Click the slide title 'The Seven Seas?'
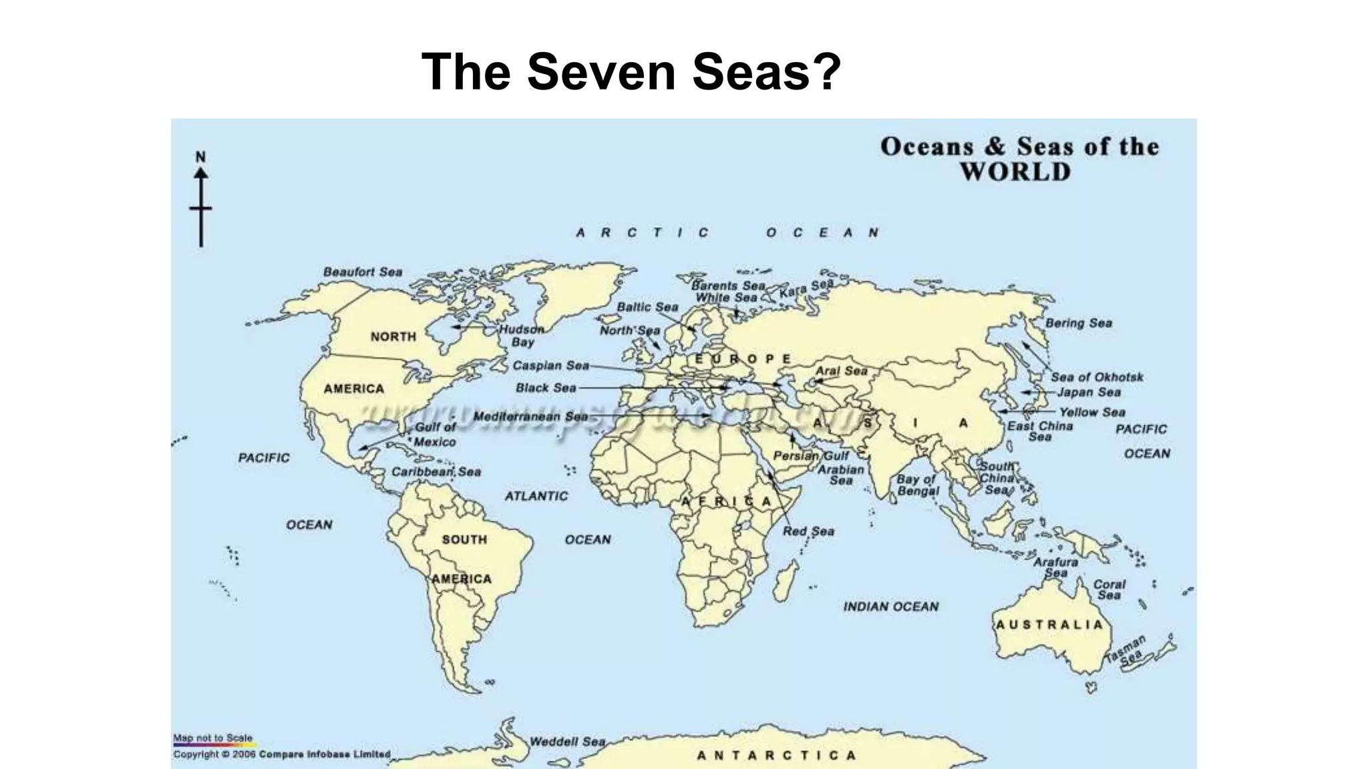[631, 71]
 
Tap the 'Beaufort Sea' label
[363, 272]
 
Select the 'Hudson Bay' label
[522, 335]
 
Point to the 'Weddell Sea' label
[567, 742]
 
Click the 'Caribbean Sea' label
[436, 472]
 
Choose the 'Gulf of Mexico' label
[435, 435]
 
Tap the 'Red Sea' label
[808, 531]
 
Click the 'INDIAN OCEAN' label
[890, 607]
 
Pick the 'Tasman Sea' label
[1127, 651]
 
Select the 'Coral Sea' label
[1109, 589]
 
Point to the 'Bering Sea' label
[1078, 323]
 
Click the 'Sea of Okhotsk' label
[1097, 377]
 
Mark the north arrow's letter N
[200, 157]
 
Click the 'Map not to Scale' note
[212, 738]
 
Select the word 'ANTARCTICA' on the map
[776, 756]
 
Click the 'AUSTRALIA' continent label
[1049, 625]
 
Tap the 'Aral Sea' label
[841, 370]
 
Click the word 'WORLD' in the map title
[1015, 172]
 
